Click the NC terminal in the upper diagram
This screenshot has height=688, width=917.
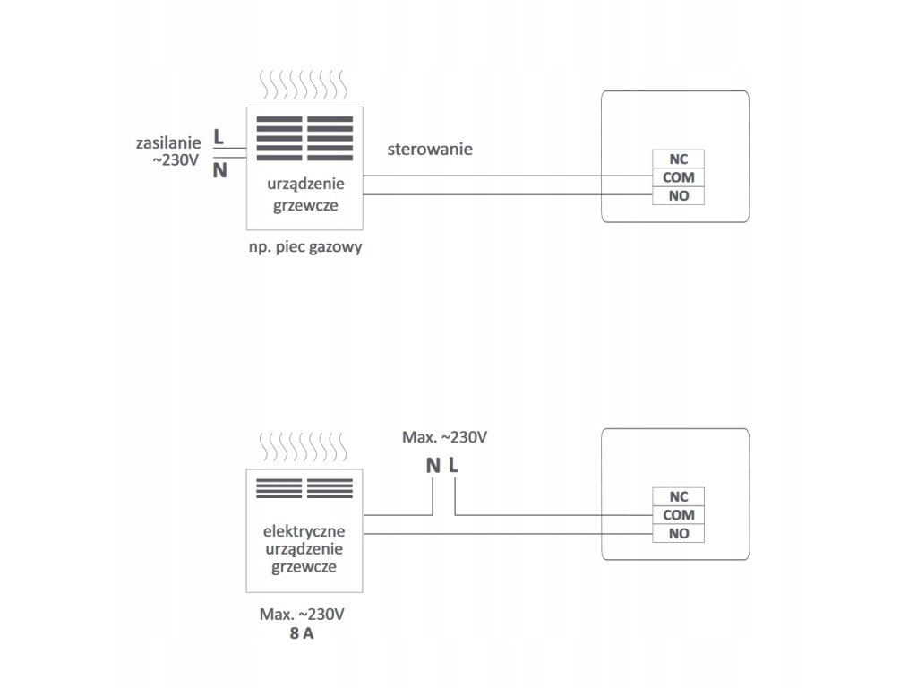click(678, 159)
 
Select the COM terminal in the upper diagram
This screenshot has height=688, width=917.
click(678, 177)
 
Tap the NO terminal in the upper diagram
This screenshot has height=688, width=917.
click(678, 195)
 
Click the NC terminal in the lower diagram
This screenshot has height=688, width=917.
click(678, 496)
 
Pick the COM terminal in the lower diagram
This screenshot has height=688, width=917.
click(678, 515)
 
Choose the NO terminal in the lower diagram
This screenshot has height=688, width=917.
click(678, 534)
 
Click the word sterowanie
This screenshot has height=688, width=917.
click(430, 149)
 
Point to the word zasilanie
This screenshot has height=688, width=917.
click(167, 142)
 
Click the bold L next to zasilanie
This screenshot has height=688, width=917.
click(219, 137)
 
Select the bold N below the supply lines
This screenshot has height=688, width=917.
click(219, 169)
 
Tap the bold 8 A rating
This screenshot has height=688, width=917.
click(302, 633)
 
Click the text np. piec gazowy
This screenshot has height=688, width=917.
click(305, 247)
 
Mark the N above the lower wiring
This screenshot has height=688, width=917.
click(433, 465)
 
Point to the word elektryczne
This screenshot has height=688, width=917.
click(305, 530)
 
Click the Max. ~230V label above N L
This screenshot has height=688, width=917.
click(445, 438)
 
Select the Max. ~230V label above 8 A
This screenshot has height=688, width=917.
click(302, 615)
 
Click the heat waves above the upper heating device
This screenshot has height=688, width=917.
click(304, 87)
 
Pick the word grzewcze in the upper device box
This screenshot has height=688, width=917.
click(305, 204)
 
